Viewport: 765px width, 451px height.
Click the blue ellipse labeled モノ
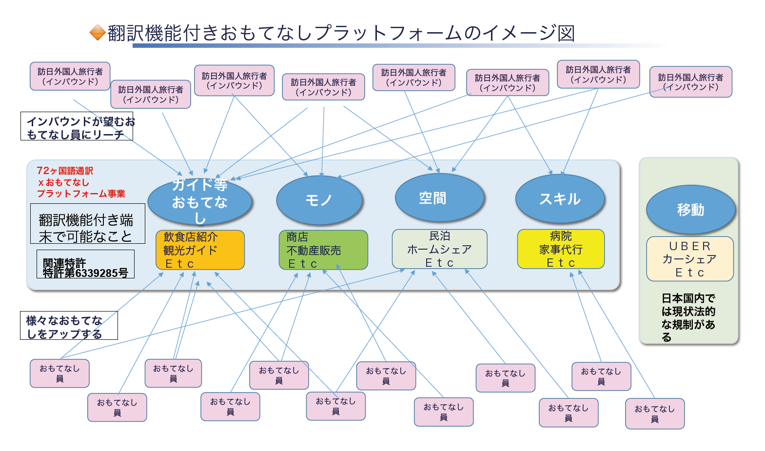click(319, 200)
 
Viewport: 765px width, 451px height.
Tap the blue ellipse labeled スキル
click(560, 199)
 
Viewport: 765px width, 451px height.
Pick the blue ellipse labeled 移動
click(690, 210)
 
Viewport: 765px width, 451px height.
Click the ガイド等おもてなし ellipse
click(200, 201)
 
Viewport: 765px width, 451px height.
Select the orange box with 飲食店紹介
click(200, 250)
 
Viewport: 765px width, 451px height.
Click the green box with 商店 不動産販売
click(323, 250)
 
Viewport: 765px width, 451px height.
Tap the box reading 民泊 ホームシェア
click(439, 249)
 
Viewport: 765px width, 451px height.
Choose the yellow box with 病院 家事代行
click(561, 249)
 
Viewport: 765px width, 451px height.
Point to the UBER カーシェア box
click(690, 259)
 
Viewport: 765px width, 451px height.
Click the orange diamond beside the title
click(98, 33)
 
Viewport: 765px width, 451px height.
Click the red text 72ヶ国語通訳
click(65, 171)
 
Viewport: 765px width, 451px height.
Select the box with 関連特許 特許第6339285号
click(85, 264)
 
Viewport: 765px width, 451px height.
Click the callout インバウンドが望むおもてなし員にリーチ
click(77, 127)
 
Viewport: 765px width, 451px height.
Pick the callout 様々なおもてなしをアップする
click(69, 326)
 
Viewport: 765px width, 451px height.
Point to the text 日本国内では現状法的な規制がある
click(688, 317)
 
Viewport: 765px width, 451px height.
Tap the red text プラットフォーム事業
click(81, 194)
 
